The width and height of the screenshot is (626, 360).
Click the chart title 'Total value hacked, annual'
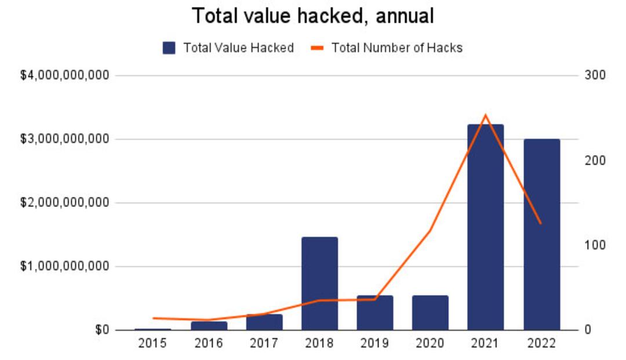tap(312, 16)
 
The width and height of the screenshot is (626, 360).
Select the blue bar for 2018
tap(319, 283)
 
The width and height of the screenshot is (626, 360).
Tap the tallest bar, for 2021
tap(486, 227)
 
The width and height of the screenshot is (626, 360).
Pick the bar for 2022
tap(542, 234)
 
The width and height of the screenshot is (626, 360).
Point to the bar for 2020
tap(430, 312)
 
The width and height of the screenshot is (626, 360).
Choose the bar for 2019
tap(375, 312)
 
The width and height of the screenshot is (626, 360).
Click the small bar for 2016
tap(209, 326)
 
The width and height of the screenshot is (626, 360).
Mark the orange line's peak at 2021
tap(486, 115)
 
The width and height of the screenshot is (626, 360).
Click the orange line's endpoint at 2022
tap(541, 224)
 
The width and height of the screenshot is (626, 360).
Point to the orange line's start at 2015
tap(154, 318)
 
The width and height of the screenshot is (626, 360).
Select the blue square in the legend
tap(169, 48)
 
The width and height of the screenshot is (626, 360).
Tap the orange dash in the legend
tap(317, 48)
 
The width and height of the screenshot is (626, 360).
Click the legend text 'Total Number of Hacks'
tap(397, 48)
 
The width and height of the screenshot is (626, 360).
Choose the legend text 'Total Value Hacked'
tap(238, 48)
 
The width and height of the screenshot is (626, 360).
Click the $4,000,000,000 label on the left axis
tap(65, 75)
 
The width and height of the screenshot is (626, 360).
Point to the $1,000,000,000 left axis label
tap(65, 266)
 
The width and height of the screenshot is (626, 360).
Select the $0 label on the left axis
tap(102, 330)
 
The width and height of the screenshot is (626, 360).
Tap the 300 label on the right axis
tap(595, 75)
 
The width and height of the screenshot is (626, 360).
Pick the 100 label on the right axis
tap(595, 245)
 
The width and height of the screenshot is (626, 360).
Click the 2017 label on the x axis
tap(264, 343)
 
